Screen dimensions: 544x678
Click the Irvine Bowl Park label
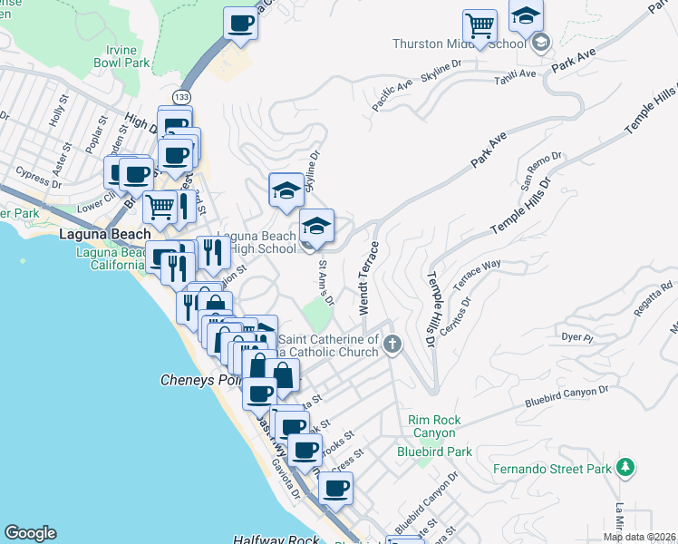(x=121, y=56)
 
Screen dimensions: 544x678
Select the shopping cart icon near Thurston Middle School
(x=479, y=26)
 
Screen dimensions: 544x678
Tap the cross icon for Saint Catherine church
(x=392, y=344)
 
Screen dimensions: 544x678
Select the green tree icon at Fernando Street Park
(x=625, y=467)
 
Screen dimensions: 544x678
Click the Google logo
(x=30, y=533)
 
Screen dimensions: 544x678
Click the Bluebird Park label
(x=434, y=452)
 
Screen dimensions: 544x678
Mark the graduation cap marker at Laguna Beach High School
(x=315, y=227)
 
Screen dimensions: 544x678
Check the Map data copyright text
(x=639, y=537)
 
